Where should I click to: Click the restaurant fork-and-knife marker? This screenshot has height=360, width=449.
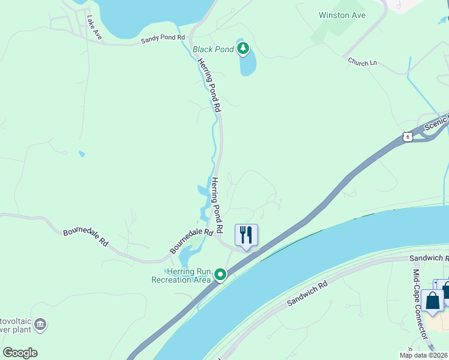coord(246,235)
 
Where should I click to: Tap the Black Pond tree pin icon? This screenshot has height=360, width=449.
coord(243,47)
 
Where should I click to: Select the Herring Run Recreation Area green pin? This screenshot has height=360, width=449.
coord(221,275)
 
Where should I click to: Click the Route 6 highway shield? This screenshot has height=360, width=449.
coord(408,137)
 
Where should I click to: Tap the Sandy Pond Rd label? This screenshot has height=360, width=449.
coord(162,38)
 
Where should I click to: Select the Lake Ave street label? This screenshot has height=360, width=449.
coord(94,28)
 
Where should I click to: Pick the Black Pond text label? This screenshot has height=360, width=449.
coord(213,49)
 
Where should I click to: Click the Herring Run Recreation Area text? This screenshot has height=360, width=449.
coord(181,275)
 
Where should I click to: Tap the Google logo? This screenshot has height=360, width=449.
coord(20,353)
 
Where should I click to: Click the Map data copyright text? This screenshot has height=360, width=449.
coord(424,355)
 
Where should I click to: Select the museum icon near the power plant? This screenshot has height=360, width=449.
coord(40,325)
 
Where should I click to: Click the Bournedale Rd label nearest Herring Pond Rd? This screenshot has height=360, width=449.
coord(191,241)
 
